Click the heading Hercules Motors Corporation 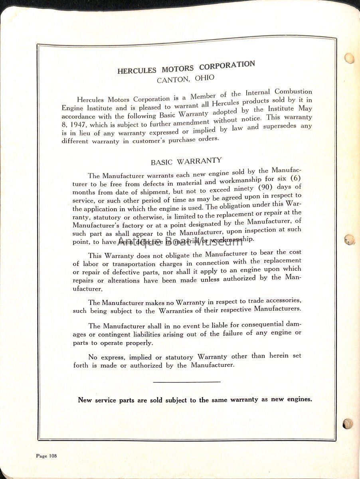pyautogui.click(x=186, y=67)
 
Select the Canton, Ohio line pyautogui.click(x=185, y=78)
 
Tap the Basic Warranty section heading pyautogui.click(x=186, y=161)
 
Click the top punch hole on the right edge pyautogui.click(x=349, y=58)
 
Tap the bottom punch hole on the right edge pyautogui.click(x=348, y=424)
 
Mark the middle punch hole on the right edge pyautogui.click(x=349, y=239)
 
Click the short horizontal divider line pyautogui.click(x=186, y=382)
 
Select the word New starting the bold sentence pyautogui.click(x=85, y=400)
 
